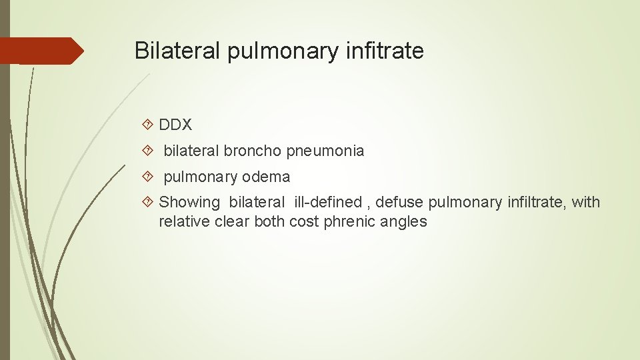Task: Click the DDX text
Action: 176,125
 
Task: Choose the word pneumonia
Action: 325,151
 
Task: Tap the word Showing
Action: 189,203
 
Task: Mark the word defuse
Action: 399,202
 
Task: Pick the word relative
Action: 184,221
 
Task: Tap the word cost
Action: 304,222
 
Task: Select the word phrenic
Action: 347,222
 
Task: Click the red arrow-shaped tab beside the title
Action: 41,51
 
